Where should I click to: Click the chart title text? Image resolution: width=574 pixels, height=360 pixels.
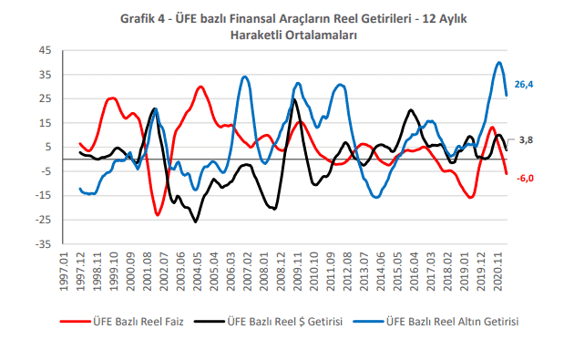point(293,26)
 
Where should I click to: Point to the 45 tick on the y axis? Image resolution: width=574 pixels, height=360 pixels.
point(45,50)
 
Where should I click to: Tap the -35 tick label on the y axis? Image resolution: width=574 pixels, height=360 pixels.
point(43,244)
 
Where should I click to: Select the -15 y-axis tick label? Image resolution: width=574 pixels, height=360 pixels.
point(43,196)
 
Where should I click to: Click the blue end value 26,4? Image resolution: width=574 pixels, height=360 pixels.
point(524,85)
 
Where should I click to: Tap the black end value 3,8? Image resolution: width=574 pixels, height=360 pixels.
point(526,139)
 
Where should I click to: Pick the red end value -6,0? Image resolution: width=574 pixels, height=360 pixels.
point(525,179)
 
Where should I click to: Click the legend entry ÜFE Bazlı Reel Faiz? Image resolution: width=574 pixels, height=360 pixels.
point(122,322)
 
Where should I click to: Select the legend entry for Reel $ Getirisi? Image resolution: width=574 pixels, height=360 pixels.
point(269,322)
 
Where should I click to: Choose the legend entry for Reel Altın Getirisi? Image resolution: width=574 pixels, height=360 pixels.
point(436,322)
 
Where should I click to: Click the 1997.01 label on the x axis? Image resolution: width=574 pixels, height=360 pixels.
point(64,272)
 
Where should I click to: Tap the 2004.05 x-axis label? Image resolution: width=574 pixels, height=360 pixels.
point(198,272)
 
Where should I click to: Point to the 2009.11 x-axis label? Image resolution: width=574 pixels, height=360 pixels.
point(297,272)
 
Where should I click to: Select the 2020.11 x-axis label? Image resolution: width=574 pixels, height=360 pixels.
point(497,272)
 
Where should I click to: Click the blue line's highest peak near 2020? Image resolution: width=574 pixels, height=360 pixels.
point(499,63)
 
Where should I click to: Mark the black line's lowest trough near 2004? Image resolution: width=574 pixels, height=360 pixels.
point(196,221)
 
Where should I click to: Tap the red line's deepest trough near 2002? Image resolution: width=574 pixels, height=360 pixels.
point(158,214)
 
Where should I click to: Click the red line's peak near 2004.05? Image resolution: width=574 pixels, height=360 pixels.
point(200,87)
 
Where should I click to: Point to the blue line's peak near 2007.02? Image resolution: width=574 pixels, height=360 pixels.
point(245,77)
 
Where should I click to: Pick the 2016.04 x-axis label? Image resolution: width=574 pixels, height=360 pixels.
point(414,272)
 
